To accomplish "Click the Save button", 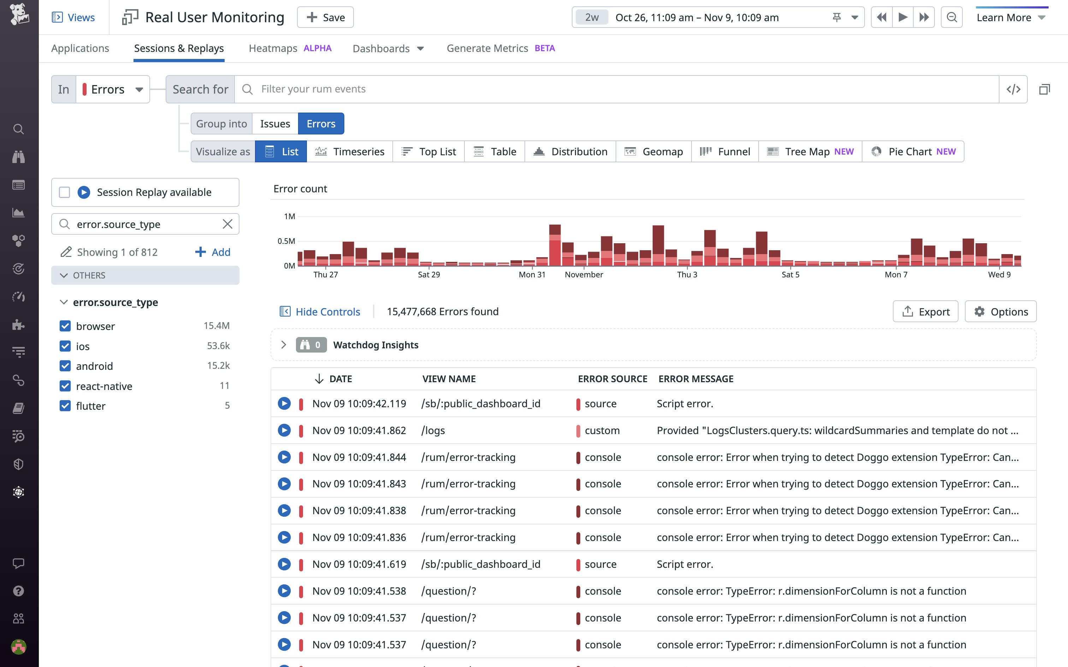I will [x=325, y=17].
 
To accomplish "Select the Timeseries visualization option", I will [x=350, y=151].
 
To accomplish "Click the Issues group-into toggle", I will [x=275, y=124].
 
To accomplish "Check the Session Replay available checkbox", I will [x=64, y=192].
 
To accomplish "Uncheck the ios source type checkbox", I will [x=65, y=346].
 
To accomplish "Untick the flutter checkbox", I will [x=65, y=406].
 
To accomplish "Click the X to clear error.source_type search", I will [x=227, y=224].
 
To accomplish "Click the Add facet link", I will [x=213, y=252].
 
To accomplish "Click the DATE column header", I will [x=340, y=379].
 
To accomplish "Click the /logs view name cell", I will [x=433, y=431].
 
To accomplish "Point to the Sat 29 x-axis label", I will [x=428, y=275].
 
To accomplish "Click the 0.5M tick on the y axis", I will [x=286, y=241].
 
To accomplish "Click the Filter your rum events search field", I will [x=618, y=89].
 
